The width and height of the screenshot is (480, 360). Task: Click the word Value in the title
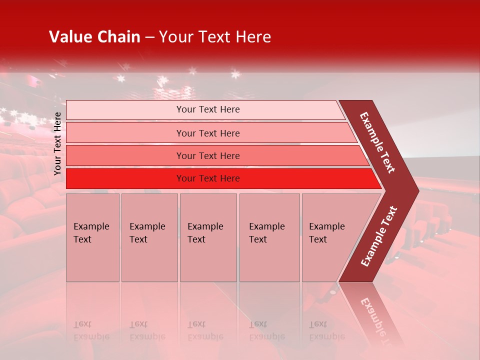pos(69,37)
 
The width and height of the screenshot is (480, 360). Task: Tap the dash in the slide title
pos(149,37)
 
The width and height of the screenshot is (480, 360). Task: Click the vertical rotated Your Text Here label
pos(57,143)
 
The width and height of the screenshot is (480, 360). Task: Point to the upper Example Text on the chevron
pos(377,142)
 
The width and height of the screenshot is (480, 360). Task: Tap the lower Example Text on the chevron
pos(379,236)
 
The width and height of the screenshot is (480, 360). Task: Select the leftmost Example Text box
pos(92,237)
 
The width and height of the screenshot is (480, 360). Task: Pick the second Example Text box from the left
pos(149,237)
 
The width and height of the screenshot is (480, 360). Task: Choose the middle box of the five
pos(208,237)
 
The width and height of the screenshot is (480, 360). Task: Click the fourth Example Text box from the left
pos(269,237)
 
